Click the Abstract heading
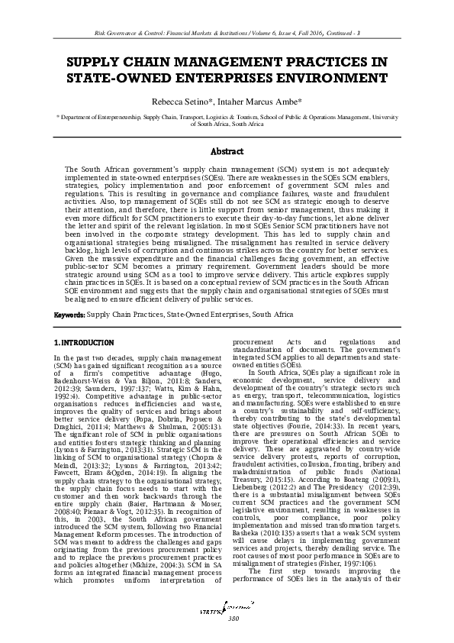pyautogui.click(x=227, y=151)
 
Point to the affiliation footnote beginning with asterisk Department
pyautogui.click(x=227, y=121)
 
